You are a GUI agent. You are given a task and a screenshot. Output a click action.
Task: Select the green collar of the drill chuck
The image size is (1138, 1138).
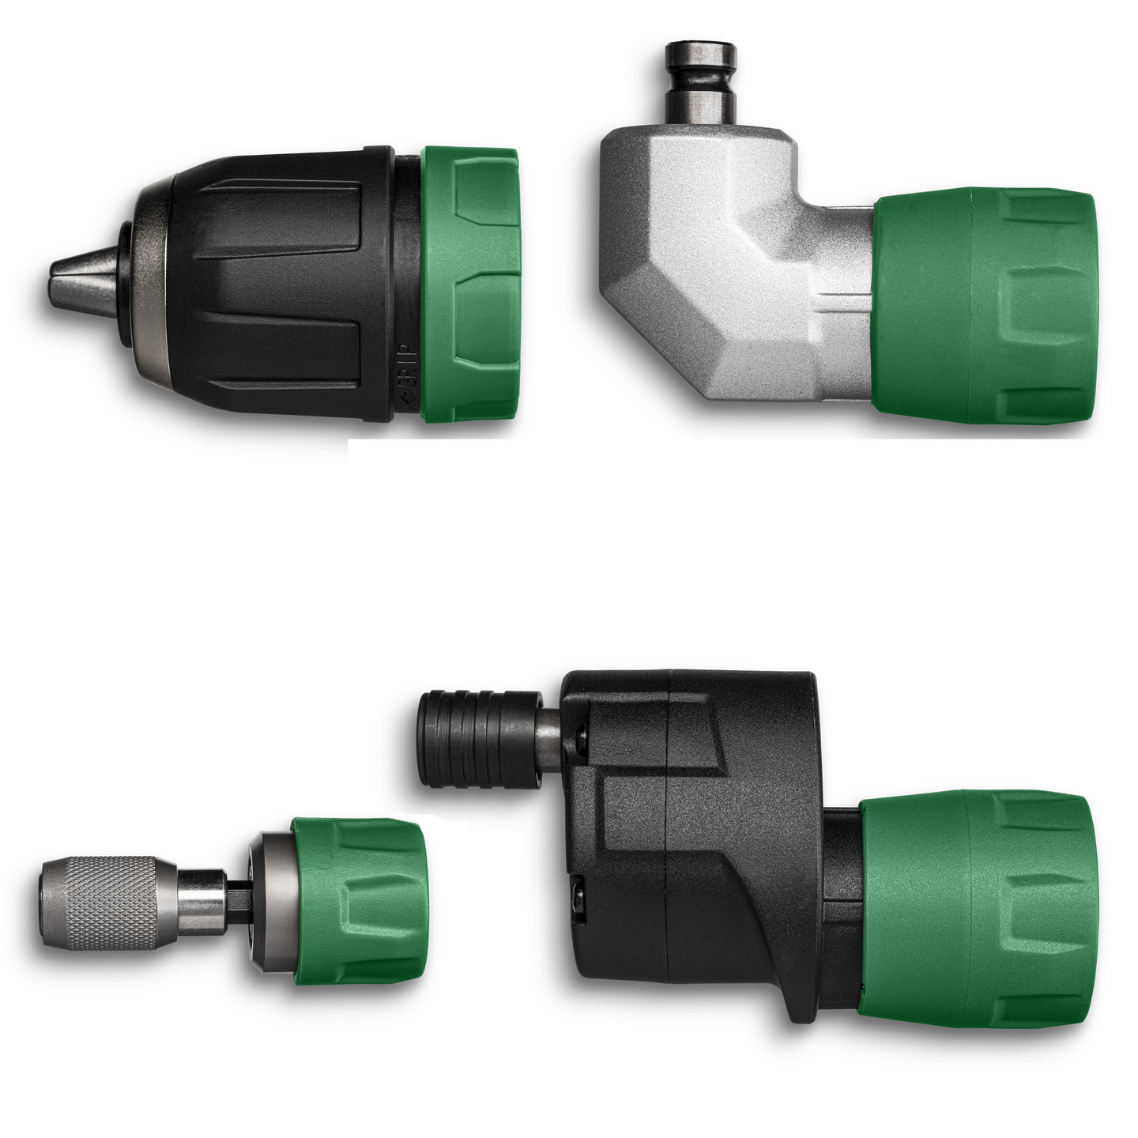pos(471,284)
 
